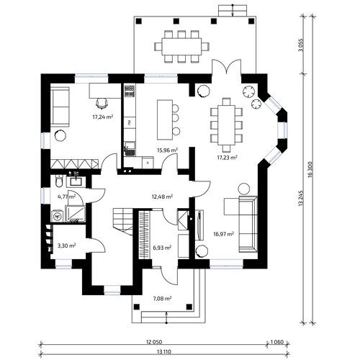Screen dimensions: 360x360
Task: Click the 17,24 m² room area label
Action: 103,117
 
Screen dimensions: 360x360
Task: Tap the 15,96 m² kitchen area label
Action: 167,150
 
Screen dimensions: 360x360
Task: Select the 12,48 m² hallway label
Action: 162,197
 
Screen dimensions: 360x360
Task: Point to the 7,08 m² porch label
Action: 162,299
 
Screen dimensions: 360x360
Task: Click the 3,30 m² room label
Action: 67,246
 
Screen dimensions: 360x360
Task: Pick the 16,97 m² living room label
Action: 224,234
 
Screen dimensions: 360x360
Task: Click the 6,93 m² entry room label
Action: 162,248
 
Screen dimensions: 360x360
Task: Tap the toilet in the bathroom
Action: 59,181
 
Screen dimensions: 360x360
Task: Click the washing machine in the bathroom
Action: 58,217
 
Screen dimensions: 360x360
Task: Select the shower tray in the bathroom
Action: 76,214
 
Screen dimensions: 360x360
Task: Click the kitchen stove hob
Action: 130,91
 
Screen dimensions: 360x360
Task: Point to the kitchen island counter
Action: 165,120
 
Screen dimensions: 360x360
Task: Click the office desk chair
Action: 102,104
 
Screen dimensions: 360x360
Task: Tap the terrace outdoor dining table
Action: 181,47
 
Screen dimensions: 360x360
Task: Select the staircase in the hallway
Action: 123,221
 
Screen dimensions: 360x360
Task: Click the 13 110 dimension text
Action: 164,352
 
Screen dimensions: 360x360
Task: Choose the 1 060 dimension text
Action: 277,342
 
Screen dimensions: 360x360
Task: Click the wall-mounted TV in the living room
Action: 199,225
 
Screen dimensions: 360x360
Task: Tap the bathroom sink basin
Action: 76,181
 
